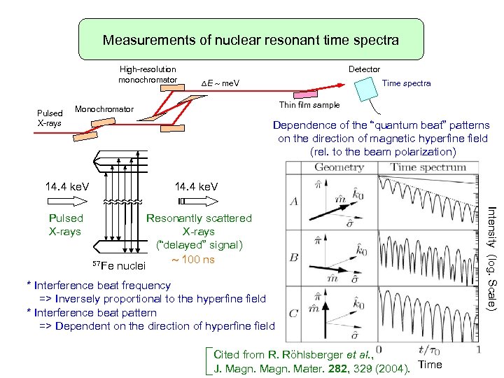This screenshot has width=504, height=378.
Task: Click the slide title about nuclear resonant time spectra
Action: (251, 40)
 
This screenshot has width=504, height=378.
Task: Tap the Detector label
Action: (364, 69)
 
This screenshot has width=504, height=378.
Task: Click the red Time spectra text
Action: (407, 83)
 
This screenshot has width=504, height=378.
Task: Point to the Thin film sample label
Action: (309, 105)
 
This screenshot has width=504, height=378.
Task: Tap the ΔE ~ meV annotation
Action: (220, 84)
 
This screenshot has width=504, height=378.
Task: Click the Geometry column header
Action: (338, 167)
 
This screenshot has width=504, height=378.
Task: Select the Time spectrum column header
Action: (428, 167)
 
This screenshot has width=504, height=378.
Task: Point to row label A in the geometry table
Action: (295, 201)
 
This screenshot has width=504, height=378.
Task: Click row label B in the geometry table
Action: (295, 258)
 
